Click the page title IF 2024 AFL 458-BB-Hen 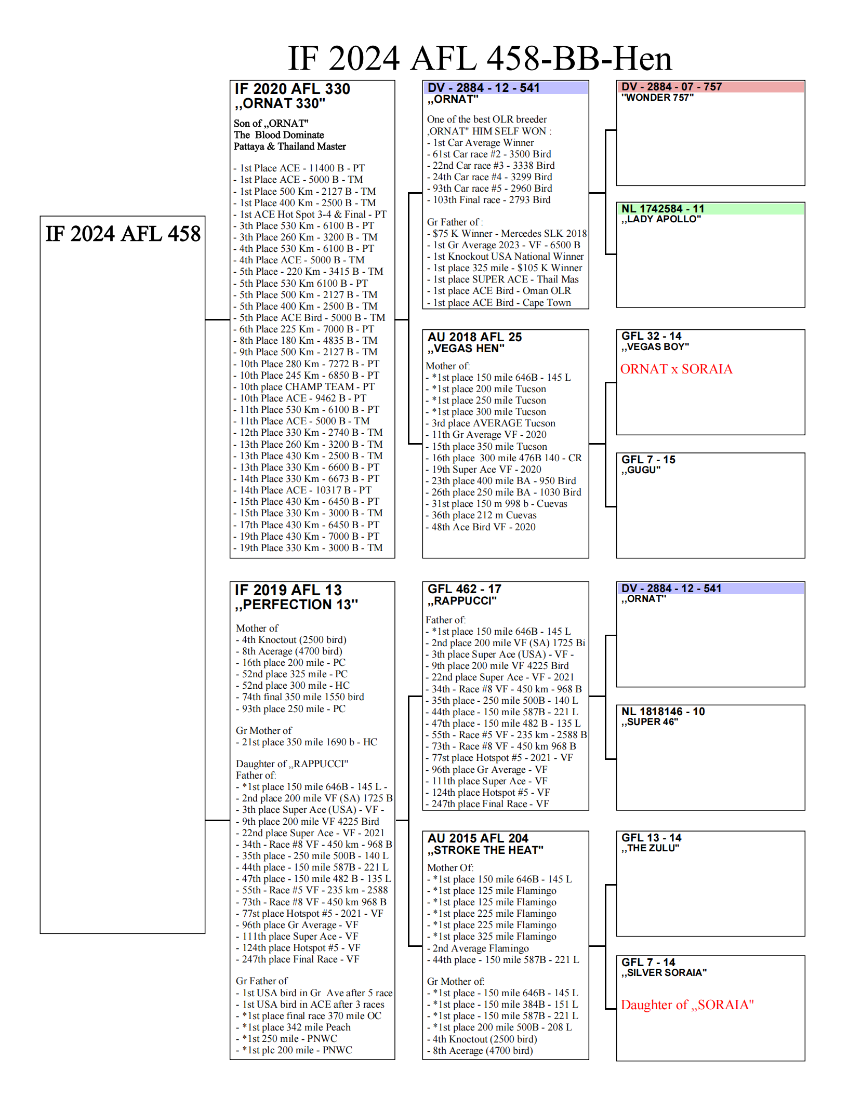pyautogui.click(x=480, y=58)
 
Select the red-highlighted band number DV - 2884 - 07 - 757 pyautogui.click(x=671, y=87)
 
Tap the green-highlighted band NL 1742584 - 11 pyautogui.click(x=662, y=209)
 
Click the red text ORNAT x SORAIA pyautogui.click(x=676, y=369)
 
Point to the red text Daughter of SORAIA pyautogui.click(x=687, y=1005)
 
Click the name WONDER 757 pyautogui.click(x=657, y=98)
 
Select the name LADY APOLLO pyautogui.click(x=661, y=219)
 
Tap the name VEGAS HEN pyautogui.click(x=466, y=349)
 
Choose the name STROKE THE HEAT pyautogui.click(x=485, y=850)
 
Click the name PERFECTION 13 pyautogui.click(x=296, y=605)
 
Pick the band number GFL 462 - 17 pyautogui.click(x=464, y=589)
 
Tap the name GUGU pyautogui.click(x=641, y=470)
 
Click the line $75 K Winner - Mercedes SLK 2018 pyautogui.click(x=507, y=234)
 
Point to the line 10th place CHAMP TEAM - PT pyautogui.click(x=307, y=387)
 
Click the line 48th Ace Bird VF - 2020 pyautogui.click(x=481, y=527)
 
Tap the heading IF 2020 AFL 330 pyautogui.click(x=293, y=89)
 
